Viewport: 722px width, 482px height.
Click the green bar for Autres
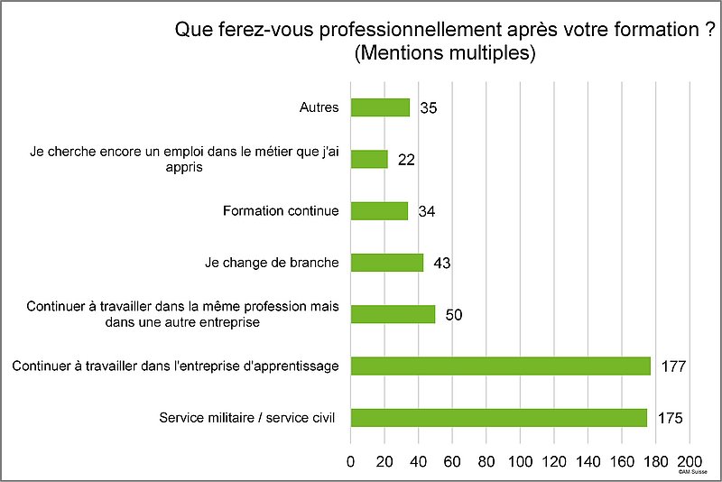coord(380,107)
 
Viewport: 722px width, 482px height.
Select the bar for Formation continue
coord(379,211)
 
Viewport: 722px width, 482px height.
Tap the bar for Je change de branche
coord(386,263)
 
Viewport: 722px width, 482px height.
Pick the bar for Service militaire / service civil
coord(498,418)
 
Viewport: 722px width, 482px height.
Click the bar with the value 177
coord(500,366)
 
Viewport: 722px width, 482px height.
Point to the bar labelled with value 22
coord(369,159)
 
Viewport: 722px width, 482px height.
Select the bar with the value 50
coord(393,314)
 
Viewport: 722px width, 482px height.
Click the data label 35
coord(429,108)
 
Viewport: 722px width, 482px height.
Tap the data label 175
coord(669,419)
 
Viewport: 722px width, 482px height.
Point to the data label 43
coord(441,264)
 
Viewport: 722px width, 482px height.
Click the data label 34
coord(427,212)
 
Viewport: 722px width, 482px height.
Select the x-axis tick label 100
coord(521,461)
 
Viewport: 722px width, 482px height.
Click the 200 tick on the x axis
coord(690,461)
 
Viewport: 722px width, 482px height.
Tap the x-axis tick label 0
coord(351,461)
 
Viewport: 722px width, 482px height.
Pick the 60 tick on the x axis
coord(452,461)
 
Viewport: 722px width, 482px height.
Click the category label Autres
coord(319,107)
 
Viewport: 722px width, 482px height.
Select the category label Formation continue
coord(281,211)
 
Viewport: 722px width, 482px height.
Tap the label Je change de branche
coord(273,263)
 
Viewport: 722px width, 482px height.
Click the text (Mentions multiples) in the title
coord(446,53)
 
